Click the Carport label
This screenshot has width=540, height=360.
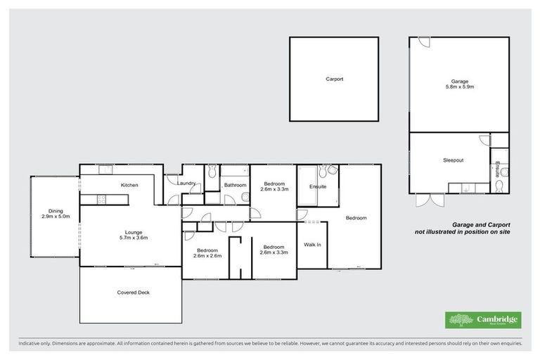click(x=334, y=79)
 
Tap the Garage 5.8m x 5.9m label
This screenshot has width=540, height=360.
click(x=459, y=84)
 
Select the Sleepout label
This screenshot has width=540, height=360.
click(x=453, y=160)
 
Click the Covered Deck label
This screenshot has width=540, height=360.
click(x=133, y=292)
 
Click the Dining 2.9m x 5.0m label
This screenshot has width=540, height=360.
click(x=56, y=214)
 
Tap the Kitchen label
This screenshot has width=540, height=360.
click(x=129, y=185)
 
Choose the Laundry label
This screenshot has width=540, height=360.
click(x=186, y=184)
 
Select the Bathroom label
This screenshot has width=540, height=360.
click(x=234, y=186)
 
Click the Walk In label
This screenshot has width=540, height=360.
click(x=312, y=245)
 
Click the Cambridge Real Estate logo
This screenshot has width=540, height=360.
click(x=483, y=320)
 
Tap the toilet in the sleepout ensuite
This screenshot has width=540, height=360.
click(x=499, y=185)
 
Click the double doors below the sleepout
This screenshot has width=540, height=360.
click(x=429, y=200)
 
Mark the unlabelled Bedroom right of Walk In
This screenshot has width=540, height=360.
click(x=356, y=218)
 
